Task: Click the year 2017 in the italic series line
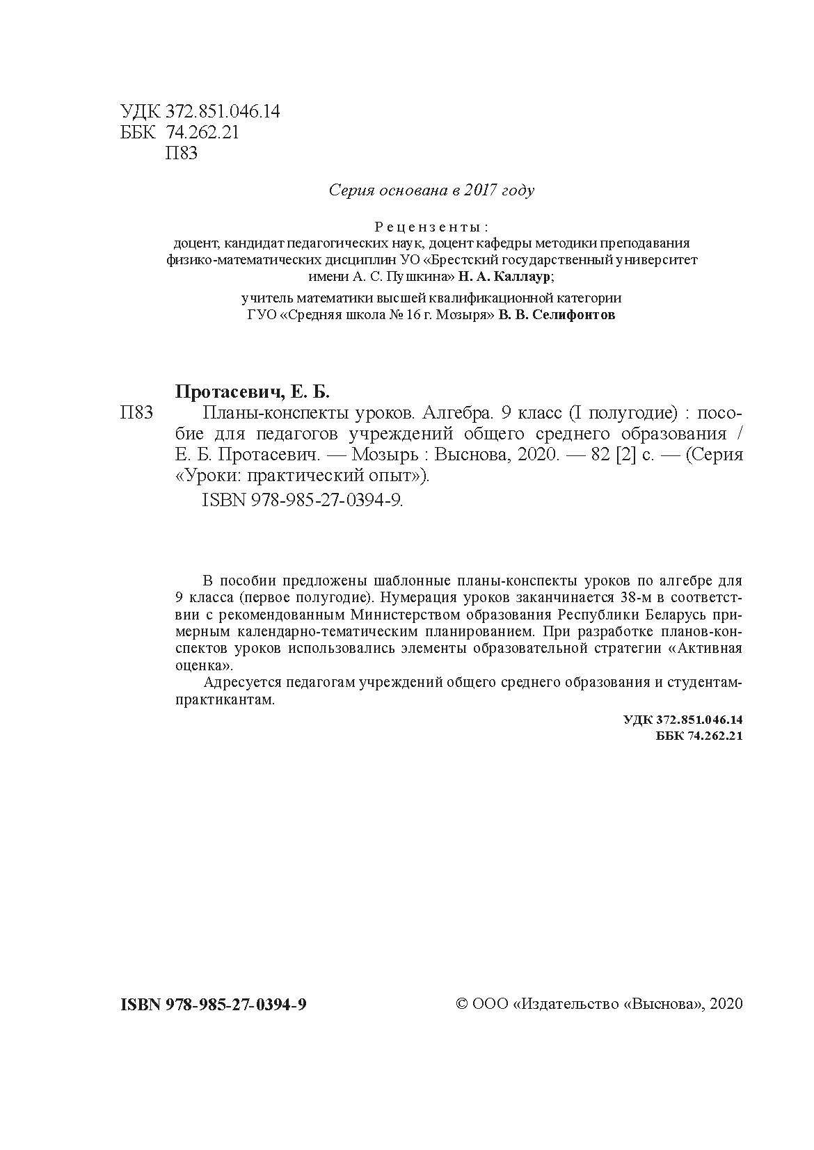click(x=477, y=191)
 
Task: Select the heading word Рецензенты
click(x=431, y=227)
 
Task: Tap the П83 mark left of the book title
click(x=136, y=413)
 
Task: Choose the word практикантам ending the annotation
click(x=225, y=701)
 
